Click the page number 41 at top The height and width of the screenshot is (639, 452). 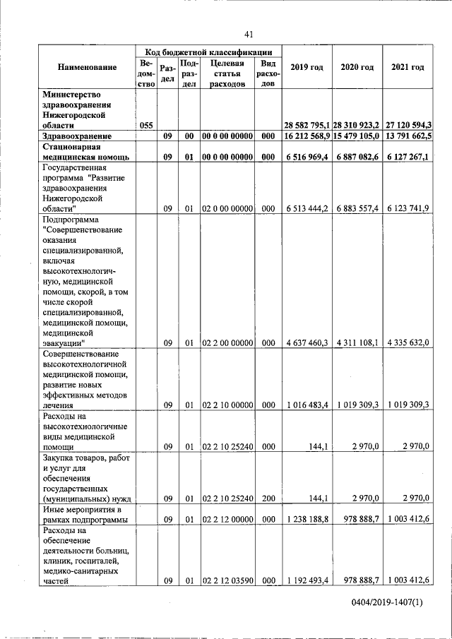tap(249, 34)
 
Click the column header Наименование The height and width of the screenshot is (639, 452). tap(88, 67)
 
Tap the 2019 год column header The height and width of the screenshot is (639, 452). tap(307, 67)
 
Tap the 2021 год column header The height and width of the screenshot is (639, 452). tap(408, 67)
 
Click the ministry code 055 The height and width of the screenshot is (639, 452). tap(146, 125)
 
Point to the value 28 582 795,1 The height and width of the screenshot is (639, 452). tap(307, 125)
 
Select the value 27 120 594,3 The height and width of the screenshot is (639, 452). tap(408, 125)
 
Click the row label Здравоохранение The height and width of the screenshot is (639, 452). tap(78, 136)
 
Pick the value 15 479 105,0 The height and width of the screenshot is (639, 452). tap(357, 136)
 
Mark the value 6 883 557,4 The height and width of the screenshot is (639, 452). tap(357, 209)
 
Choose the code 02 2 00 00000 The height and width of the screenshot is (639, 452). tap(227, 342)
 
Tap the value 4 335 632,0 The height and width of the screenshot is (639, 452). tap(408, 342)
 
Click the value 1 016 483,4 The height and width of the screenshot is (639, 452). tap(307, 405)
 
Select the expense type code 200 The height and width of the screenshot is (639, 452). tap(268, 498)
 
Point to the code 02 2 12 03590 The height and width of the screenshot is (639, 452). tap(227, 581)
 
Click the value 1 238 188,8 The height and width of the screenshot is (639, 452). tap(307, 520)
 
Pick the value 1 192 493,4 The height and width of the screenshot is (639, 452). tap(307, 581)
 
